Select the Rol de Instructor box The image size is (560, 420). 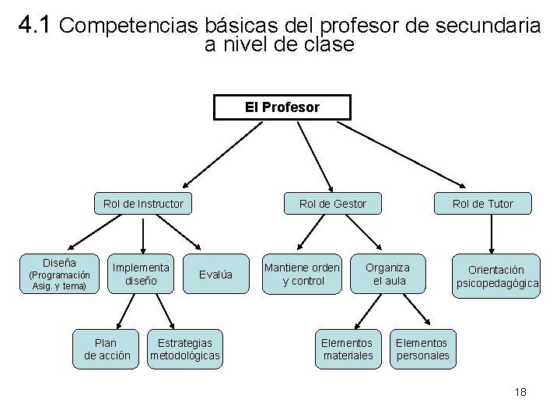tap(143, 204)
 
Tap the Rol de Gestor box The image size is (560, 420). tap(333, 204)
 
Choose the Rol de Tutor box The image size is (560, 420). tap(483, 204)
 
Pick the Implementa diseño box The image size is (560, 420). tap(142, 274)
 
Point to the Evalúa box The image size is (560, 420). tap(215, 274)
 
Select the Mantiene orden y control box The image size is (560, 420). tap(303, 274)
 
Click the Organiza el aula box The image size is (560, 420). tap(389, 274)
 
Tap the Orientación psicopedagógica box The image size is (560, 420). tap(497, 277)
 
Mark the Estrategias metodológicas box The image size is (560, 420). tap(185, 349)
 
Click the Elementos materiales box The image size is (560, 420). tap(347, 349)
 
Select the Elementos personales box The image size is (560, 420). tap(422, 349)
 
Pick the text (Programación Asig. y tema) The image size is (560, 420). tap(59, 281)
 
